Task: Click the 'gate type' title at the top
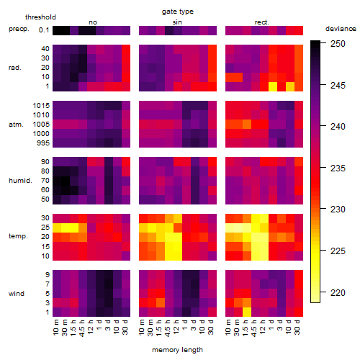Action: (178, 12)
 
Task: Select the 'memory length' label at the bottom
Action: (177, 350)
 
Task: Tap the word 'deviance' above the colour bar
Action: (341, 29)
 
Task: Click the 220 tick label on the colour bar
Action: (338, 293)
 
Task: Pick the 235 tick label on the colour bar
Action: (338, 168)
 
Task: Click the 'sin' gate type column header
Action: (177, 22)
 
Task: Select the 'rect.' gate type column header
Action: (262, 22)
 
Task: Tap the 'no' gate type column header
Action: (93, 22)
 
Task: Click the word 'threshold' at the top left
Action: (40, 17)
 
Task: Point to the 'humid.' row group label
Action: (20, 181)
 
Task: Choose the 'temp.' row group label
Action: (18, 236)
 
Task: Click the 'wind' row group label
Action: (17, 294)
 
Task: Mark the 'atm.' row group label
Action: (16, 125)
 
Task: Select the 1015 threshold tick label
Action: (41, 106)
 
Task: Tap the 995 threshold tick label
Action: (43, 143)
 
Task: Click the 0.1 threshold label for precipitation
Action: (44, 30)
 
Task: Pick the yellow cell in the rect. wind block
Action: (247, 312)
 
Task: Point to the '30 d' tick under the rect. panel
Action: (297, 327)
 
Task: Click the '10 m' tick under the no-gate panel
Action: (55, 328)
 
